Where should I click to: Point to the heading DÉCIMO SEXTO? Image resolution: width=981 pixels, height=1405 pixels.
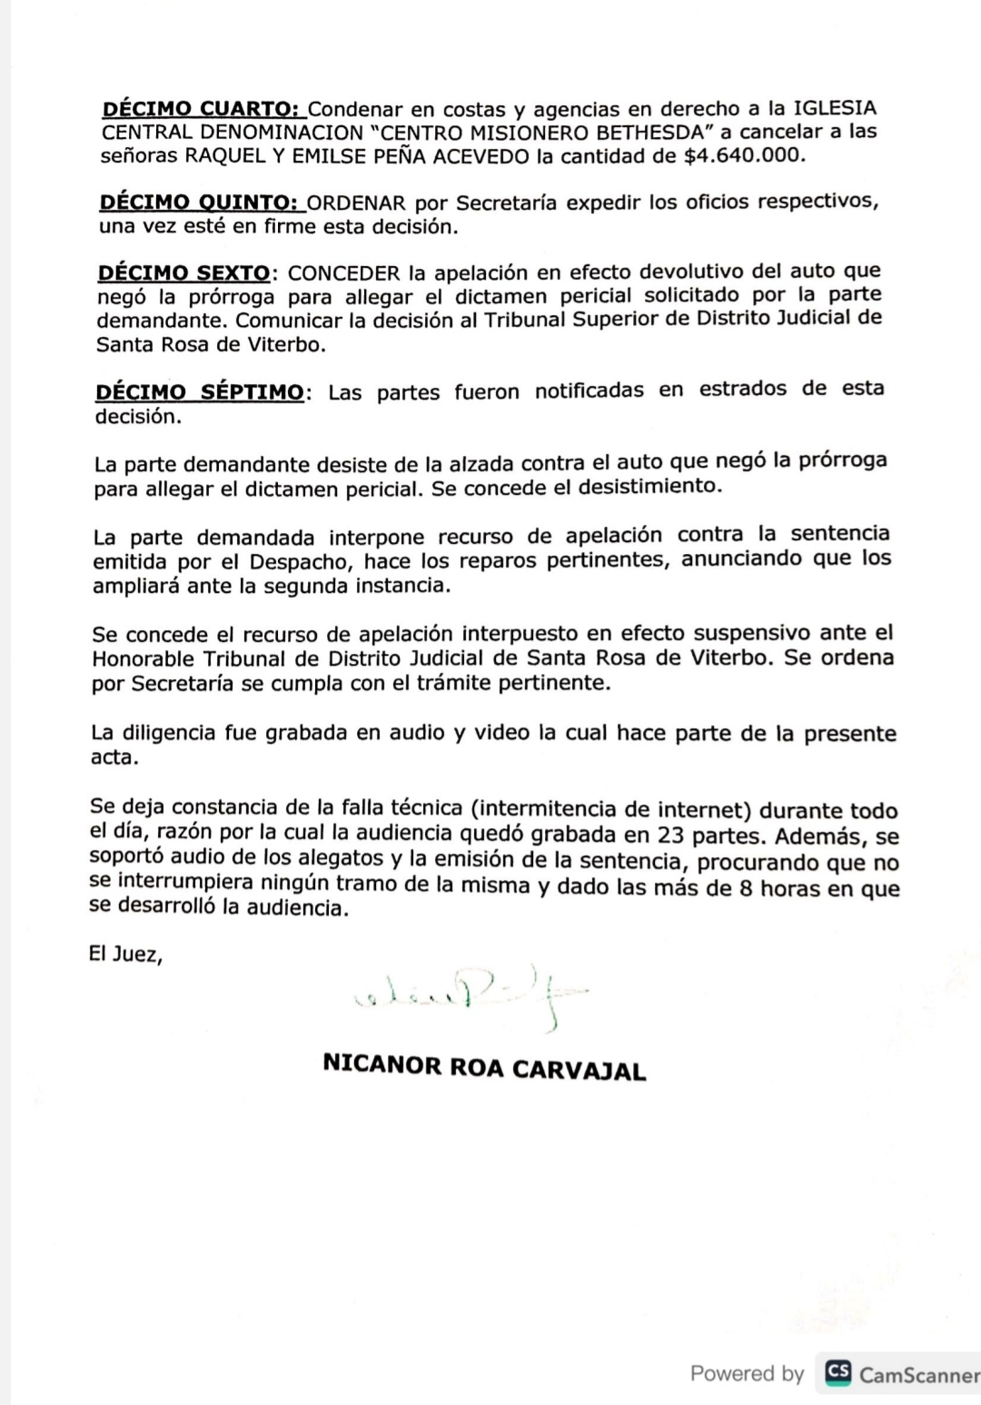click(x=183, y=272)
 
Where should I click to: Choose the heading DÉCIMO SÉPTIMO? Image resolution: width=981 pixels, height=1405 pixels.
click(x=200, y=392)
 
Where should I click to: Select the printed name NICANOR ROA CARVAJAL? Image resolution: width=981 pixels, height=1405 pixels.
click(x=484, y=1067)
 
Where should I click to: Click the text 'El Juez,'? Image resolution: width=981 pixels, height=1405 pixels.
click(x=125, y=954)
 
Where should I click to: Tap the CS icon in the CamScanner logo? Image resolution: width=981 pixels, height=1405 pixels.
click(x=837, y=1372)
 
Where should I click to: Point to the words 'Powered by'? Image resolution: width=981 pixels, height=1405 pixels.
click(x=747, y=1373)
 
